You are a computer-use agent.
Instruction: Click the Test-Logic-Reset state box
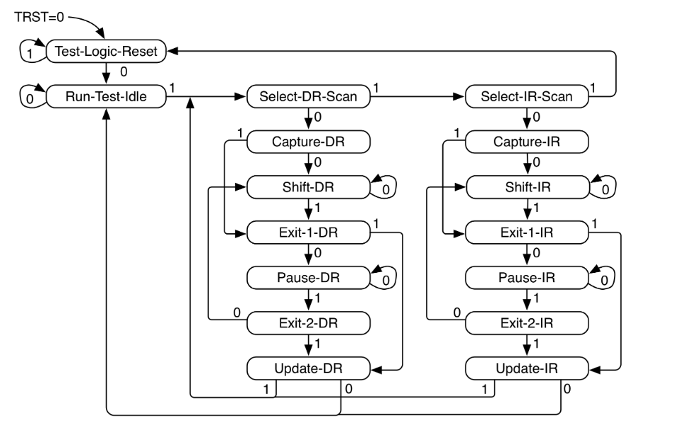(x=105, y=51)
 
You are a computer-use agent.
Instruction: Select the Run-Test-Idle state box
(x=105, y=97)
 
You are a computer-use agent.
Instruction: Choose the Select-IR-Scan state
(x=527, y=97)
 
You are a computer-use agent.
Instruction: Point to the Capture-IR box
(x=527, y=141)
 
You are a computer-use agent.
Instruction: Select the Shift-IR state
(x=527, y=187)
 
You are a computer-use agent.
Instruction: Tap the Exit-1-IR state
(x=527, y=232)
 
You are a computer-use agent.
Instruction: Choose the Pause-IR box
(x=527, y=277)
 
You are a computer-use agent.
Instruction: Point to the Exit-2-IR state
(x=527, y=322)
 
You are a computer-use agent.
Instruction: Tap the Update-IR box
(x=527, y=368)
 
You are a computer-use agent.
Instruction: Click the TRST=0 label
(x=39, y=16)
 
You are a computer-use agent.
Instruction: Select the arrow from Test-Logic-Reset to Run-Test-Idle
(x=106, y=74)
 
